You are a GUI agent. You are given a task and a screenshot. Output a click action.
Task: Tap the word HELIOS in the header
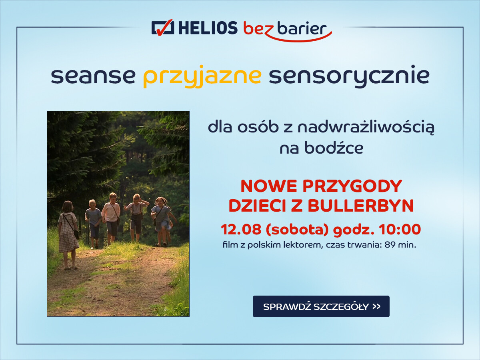[208, 28]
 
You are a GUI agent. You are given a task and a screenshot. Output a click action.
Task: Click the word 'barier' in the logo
[302, 28]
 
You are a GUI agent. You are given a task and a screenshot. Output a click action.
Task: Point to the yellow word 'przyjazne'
[202, 76]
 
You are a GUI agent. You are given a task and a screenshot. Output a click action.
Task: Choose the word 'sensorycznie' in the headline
[349, 76]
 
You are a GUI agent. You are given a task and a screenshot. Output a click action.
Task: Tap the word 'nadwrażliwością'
[366, 128]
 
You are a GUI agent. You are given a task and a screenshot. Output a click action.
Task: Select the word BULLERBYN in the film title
[361, 206]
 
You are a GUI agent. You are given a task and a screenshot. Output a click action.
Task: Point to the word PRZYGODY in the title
[352, 186]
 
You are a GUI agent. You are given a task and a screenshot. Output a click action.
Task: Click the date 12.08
[241, 229]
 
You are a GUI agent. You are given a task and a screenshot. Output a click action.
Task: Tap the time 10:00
[400, 229]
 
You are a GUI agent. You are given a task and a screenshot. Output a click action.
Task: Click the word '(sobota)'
[297, 230]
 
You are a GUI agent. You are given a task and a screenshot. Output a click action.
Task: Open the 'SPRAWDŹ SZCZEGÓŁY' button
[321, 306]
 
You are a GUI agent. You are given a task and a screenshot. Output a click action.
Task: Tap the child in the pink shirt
[111, 218]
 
